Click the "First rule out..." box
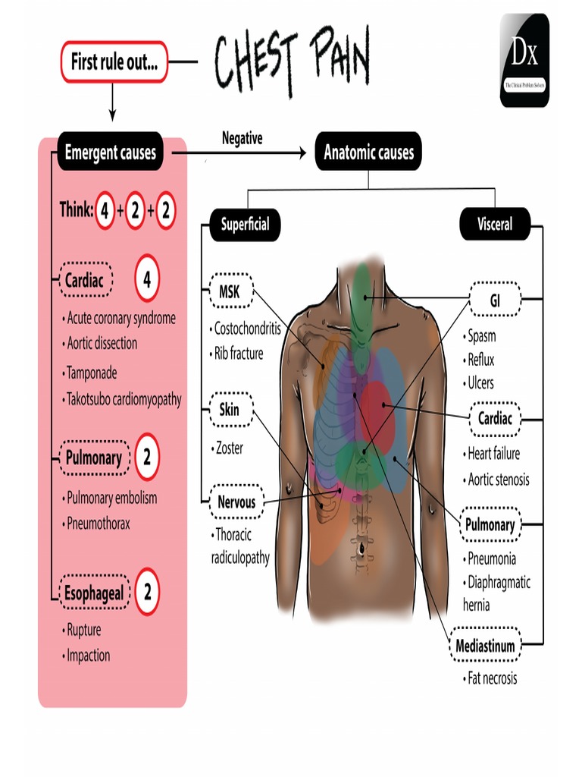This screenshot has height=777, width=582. pyautogui.click(x=114, y=62)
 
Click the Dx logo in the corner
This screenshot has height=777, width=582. pyautogui.click(x=524, y=60)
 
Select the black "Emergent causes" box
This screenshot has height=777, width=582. pyautogui.click(x=111, y=153)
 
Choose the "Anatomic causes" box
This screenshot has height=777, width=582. pyautogui.click(x=368, y=153)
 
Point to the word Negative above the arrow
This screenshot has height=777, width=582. pyautogui.click(x=242, y=138)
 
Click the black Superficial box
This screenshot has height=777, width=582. pyautogui.click(x=244, y=225)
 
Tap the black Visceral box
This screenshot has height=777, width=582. pyautogui.click(x=495, y=224)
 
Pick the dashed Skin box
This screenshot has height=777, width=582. pyautogui.click(x=229, y=410)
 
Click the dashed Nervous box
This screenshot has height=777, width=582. pyautogui.click(x=236, y=502)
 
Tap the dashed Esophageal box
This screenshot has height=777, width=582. pyautogui.click(x=95, y=593)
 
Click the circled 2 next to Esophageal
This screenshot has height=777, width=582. pyautogui.click(x=147, y=591)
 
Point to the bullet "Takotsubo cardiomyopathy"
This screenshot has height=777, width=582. pyautogui.click(x=124, y=399)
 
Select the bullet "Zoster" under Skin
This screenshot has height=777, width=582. pyautogui.click(x=229, y=448)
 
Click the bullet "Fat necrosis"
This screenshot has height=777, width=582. pyautogui.click(x=491, y=678)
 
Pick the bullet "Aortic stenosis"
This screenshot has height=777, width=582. pyautogui.click(x=498, y=480)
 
